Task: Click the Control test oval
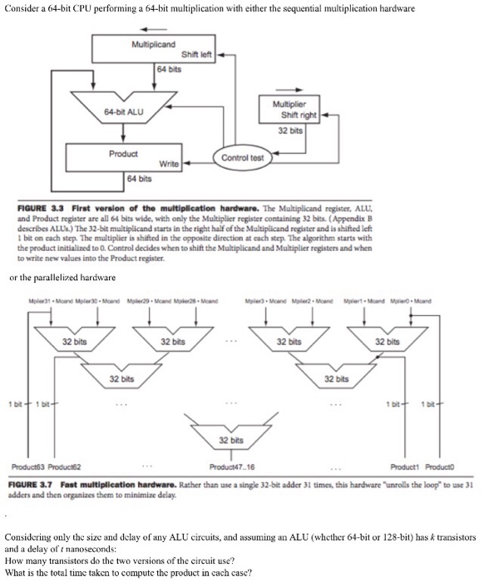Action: pyautogui.click(x=242, y=157)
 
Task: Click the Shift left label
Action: pyautogui.click(x=198, y=56)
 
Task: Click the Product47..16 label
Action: pyautogui.click(x=235, y=467)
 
